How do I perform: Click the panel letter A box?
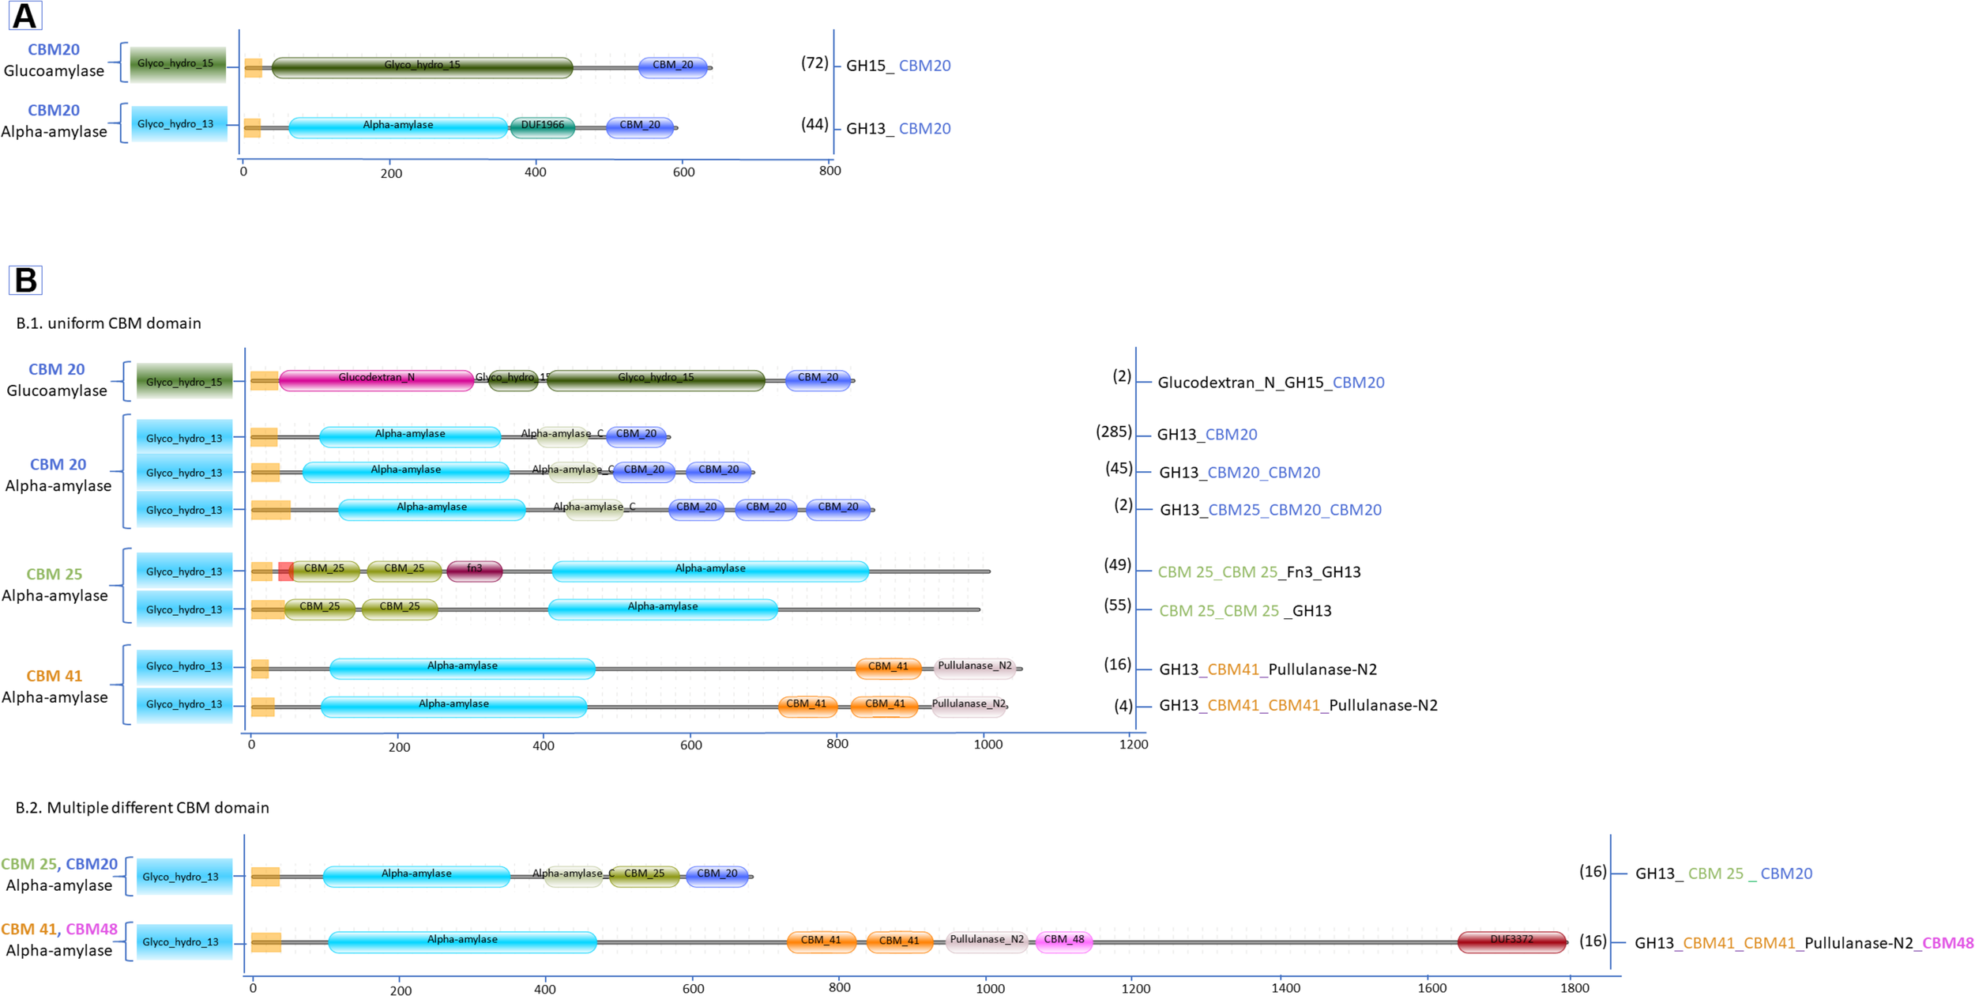coord(25,16)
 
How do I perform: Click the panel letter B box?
coord(25,280)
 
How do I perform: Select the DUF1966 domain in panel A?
coord(543,126)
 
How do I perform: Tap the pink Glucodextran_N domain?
coord(377,379)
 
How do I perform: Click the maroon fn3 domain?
coord(474,570)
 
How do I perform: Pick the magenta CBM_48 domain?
coord(1064,941)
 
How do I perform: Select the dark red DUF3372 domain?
coord(1511,941)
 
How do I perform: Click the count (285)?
coord(1113,432)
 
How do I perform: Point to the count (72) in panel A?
coord(814,63)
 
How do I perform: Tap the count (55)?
coord(1117,606)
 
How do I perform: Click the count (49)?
coord(1117,566)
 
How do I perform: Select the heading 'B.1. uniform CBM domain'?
coord(109,323)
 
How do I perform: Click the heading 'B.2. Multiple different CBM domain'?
coord(142,808)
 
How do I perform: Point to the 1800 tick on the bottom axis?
coord(1574,987)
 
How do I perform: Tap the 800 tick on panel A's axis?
coord(829,171)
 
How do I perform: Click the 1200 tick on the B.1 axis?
coord(1133,745)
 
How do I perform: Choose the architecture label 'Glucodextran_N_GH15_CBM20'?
coord(1270,383)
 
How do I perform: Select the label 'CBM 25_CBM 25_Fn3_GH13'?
coord(1259,572)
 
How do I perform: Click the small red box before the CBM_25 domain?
coord(285,571)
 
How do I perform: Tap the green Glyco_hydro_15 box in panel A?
coord(178,64)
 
